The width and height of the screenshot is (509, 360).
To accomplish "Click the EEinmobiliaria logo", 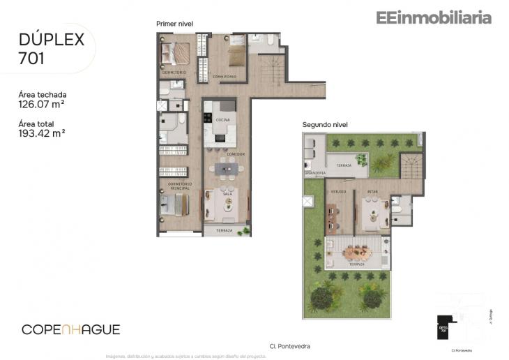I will (434, 18).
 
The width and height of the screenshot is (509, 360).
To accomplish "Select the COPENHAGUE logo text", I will (70, 329).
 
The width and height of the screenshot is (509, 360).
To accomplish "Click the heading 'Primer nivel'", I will (174, 24).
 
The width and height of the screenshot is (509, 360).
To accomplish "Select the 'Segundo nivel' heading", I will (325, 125).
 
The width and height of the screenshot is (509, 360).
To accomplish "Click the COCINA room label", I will (222, 120).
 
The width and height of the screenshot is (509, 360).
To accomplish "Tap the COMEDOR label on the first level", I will (235, 153).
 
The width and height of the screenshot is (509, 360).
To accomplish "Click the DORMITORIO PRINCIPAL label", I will (174, 186).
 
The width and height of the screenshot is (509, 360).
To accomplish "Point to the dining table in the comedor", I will (227, 168).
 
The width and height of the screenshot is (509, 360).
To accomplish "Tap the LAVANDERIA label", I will (315, 172).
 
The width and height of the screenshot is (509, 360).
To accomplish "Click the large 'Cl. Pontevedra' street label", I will (289, 346).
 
